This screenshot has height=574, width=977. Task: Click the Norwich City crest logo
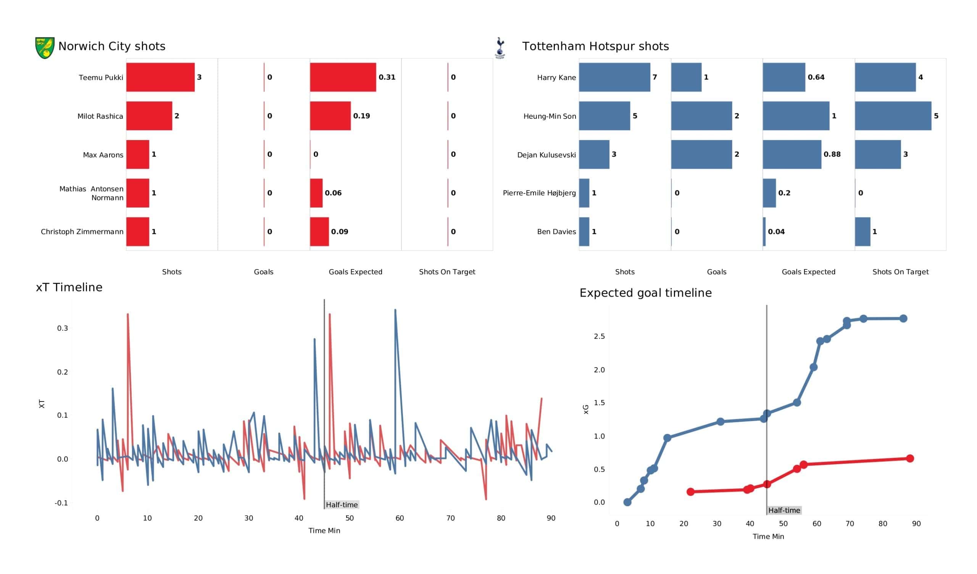click(x=45, y=48)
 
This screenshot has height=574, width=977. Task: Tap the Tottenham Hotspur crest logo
click(x=500, y=48)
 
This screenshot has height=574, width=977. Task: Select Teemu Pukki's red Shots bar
click(x=160, y=77)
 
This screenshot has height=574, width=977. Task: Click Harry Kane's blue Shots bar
click(x=614, y=77)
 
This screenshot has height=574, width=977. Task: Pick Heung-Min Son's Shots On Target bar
click(x=893, y=116)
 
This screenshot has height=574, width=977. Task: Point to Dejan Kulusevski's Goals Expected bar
click(x=792, y=154)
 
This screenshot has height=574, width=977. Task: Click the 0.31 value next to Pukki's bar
click(x=387, y=77)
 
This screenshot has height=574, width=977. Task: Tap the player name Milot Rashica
click(x=100, y=116)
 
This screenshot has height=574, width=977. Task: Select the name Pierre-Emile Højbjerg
click(x=539, y=193)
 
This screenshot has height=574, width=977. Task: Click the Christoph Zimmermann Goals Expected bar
click(x=319, y=232)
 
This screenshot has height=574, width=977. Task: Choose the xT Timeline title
click(x=69, y=287)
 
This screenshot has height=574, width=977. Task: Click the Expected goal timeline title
click(x=645, y=293)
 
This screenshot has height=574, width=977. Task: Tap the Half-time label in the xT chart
click(x=342, y=505)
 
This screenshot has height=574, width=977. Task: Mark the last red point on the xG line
click(x=910, y=458)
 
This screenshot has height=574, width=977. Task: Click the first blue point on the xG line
click(x=627, y=502)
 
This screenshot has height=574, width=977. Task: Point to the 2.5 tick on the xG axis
click(x=599, y=336)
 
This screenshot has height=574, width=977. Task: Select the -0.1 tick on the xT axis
click(x=61, y=503)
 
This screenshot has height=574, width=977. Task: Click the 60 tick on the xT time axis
click(x=400, y=518)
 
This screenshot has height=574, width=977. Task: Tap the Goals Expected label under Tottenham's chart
click(x=808, y=272)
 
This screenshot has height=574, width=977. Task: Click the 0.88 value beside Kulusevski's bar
click(x=832, y=154)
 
